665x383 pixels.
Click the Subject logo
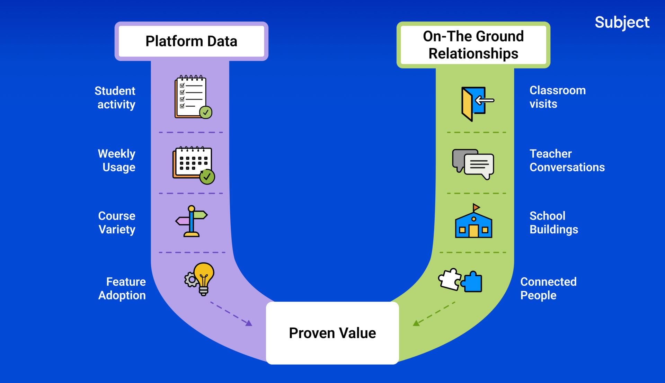(622, 23)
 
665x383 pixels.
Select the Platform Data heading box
(191, 41)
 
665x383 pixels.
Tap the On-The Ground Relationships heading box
(473, 45)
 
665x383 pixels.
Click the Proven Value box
(332, 333)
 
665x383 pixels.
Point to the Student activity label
(115, 98)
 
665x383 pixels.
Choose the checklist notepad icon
(193, 97)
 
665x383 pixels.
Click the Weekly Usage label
(117, 160)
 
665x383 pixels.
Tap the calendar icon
(193, 164)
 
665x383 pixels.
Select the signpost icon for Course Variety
(192, 221)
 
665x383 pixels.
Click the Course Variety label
(117, 223)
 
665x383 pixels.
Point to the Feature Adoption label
(123, 288)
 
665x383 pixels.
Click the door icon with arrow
(476, 103)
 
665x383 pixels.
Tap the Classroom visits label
(557, 97)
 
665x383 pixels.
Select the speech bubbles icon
(473, 164)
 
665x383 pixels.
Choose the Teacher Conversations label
(567, 160)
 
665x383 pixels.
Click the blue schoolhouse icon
(473, 223)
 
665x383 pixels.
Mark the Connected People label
(548, 288)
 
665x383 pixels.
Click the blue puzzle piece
(472, 282)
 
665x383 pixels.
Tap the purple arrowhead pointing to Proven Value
(249, 323)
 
